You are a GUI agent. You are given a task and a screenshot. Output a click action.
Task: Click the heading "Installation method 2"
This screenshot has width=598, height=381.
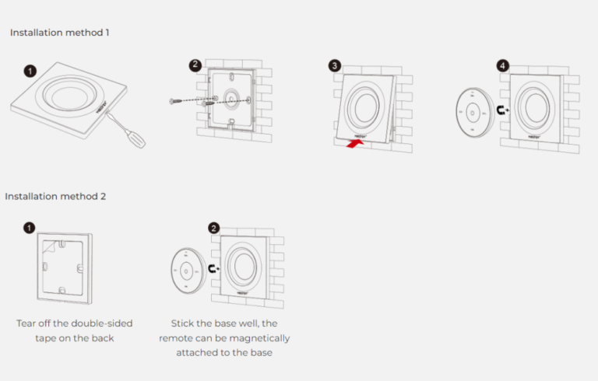(55, 196)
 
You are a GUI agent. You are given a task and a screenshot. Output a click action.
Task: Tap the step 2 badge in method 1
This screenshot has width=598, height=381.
(195, 66)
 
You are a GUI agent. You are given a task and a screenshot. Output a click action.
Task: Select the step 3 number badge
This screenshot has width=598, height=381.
(334, 66)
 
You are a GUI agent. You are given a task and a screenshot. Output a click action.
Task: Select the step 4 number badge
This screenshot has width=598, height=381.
(502, 66)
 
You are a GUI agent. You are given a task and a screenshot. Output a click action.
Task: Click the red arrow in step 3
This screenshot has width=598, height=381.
(355, 144)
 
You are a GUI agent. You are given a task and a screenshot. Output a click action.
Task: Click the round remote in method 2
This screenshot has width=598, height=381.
(187, 271)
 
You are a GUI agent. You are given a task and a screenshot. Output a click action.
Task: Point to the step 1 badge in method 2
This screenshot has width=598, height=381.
(30, 228)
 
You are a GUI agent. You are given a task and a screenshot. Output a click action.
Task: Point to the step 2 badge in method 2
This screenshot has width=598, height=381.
(214, 228)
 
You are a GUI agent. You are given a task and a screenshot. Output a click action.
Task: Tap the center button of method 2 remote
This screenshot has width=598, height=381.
(187, 271)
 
